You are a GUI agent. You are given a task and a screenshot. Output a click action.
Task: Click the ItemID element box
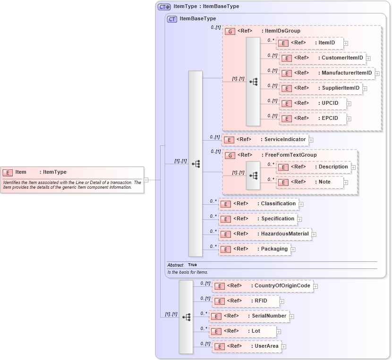point(310,43)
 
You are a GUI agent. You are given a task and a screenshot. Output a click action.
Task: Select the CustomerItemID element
point(323,58)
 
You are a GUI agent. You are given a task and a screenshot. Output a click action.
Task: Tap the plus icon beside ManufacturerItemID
point(377,74)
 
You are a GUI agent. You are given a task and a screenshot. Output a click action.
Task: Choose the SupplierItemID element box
point(321,88)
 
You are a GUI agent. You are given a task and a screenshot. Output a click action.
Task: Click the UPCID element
point(313,103)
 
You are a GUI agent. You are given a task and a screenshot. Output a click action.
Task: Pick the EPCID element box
point(313,118)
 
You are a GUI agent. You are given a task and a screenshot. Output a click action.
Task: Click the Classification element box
point(258,204)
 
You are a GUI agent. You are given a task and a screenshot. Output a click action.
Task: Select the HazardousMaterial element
point(264,234)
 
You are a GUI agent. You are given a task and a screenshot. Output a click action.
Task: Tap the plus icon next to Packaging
point(293,250)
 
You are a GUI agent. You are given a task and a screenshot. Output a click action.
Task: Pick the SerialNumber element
point(249,316)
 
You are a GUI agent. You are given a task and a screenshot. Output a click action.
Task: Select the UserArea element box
point(247,346)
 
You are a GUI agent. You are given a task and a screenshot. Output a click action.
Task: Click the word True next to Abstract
point(192,265)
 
